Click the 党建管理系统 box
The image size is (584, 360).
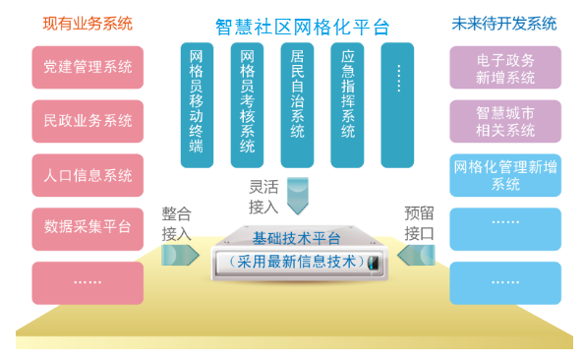(88, 68)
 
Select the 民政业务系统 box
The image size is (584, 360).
(88, 121)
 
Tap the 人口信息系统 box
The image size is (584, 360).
(88, 175)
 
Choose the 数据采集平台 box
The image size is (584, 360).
(88, 228)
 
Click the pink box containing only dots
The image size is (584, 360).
(88, 282)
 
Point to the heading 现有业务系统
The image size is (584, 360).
(88, 22)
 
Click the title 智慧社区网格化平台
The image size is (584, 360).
(301, 25)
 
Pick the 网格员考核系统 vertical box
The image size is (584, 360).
(247, 104)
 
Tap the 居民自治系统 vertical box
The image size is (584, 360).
(297, 104)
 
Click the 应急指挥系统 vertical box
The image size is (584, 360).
(347, 104)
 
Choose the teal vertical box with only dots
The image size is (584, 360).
(397, 104)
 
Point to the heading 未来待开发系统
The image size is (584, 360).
(501, 22)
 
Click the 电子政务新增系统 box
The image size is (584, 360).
(505, 68)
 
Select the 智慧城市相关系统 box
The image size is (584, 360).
(505, 121)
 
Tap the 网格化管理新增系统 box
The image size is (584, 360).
(505, 175)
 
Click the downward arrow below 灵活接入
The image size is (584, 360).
(298, 201)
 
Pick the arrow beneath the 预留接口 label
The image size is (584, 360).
(417, 256)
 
